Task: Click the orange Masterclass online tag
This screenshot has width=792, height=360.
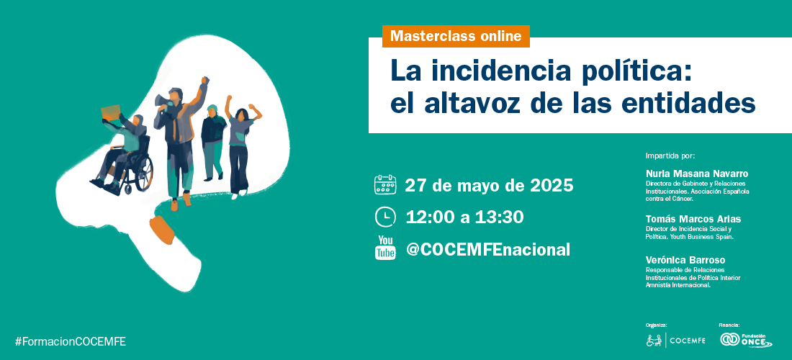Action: coord(456,36)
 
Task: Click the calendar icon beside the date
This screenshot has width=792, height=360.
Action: coord(385,185)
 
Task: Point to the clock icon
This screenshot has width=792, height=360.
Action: coord(385,217)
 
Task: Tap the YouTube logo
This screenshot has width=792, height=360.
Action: coord(385,248)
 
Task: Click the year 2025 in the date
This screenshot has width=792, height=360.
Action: coord(552,186)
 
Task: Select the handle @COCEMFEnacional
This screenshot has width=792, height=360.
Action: coord(488,249)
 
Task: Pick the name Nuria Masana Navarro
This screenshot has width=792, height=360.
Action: coord(697,174)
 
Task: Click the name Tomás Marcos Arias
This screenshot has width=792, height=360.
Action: coord(693,219)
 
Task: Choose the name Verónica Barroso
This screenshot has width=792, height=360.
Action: coord(685,260)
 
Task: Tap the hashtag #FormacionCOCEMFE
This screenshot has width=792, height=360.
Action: coord(71,342)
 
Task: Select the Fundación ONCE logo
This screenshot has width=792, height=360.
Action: coord(746,341)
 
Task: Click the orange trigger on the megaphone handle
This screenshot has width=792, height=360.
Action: coord(161,230)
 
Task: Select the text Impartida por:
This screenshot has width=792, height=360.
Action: coord(670,156)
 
